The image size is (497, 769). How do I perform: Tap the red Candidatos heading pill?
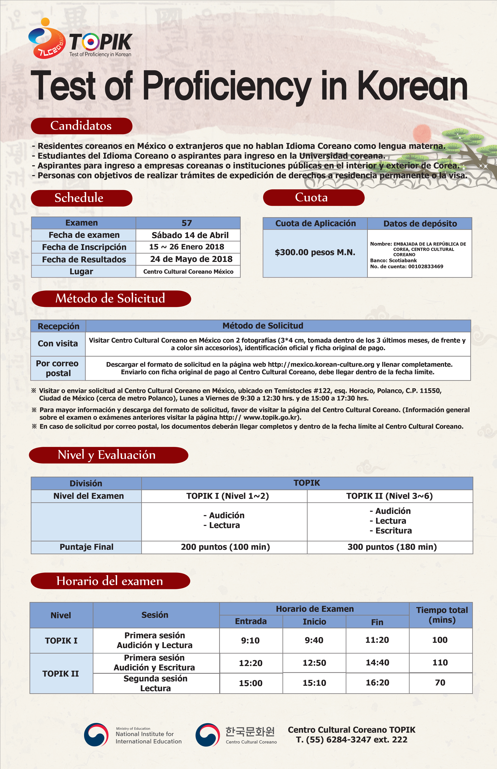pos(81,126)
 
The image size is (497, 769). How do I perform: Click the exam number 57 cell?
pos(187,223)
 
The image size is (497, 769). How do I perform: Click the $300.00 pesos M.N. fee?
pos(315,252)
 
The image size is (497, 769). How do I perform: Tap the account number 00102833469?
pos(425,267)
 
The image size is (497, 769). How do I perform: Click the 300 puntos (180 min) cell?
pos(392,547)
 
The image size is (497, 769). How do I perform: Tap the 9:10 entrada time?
pos(250,640)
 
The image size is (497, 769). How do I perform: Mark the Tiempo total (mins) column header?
pos(441,615)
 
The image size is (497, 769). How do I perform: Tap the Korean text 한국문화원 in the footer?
pos(250,731)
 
